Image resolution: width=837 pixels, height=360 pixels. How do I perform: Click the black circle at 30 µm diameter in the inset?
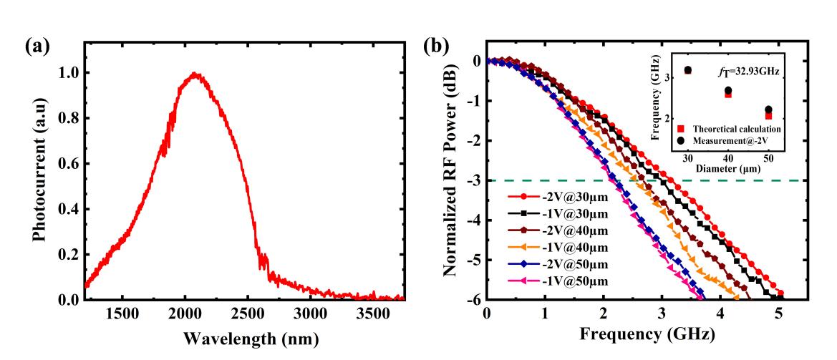(x=688, y=70)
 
